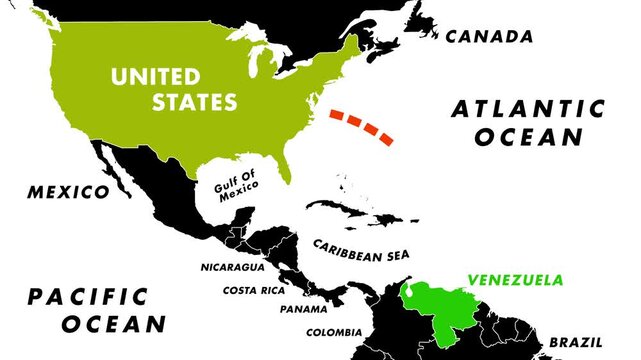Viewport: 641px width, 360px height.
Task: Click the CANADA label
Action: click(x=489, y=36)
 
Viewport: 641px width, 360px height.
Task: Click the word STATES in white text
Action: click(x=193, y=101)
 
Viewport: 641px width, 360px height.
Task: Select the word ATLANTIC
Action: click(x=528, y=108)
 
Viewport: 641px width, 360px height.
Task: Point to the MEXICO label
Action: click(x=67, y=191)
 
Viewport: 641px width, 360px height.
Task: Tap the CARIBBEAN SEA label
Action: click(x=347, y=250)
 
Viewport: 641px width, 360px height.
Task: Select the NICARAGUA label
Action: click(x=232, y=268)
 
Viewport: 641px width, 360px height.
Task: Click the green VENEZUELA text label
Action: click(x=515, y=280)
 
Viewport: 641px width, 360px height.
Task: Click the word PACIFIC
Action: click(x=88, y=297)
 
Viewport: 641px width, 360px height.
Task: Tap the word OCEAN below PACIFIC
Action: click(x=112, y=324)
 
